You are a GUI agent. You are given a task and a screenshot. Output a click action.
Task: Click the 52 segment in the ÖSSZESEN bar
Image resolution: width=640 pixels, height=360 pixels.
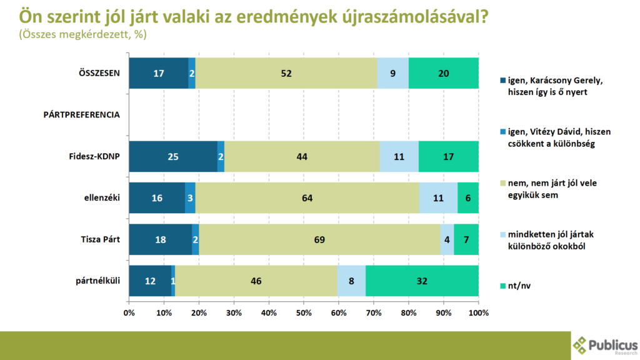286,73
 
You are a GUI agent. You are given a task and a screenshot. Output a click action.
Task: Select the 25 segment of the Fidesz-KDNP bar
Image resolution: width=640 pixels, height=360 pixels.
173,156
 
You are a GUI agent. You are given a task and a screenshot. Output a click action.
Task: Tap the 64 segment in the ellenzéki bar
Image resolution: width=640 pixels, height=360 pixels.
307,198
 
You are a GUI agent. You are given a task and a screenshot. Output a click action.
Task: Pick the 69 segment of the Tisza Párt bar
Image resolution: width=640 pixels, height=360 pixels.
319,239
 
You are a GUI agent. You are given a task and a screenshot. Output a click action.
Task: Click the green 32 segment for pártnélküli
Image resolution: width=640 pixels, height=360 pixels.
422,281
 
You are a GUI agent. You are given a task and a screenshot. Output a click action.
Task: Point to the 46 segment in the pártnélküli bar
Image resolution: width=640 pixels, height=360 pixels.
256,281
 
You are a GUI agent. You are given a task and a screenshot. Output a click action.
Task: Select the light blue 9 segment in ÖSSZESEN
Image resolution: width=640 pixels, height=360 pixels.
392,73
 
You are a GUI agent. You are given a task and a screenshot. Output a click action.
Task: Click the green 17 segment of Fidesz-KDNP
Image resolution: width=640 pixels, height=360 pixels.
449,156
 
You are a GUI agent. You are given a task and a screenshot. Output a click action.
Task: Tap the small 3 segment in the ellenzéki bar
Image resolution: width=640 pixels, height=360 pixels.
190,198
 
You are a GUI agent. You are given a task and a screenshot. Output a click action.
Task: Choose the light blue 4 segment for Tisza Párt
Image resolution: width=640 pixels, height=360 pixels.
447,239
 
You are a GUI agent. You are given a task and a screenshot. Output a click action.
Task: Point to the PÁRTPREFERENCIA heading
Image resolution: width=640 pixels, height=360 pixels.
81,115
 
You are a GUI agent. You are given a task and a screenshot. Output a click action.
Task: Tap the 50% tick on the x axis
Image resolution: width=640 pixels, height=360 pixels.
304,312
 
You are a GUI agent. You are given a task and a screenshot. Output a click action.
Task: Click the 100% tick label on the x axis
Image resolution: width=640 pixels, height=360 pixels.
478,312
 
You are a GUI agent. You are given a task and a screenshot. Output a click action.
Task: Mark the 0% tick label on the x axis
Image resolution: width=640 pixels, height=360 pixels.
129,312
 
